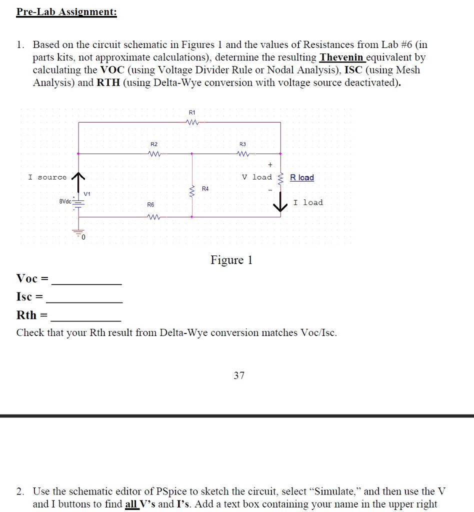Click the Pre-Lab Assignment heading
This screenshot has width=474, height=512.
pos(66,11)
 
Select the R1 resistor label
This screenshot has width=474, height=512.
pos(192,112)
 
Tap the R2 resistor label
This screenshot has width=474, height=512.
pos(154,144)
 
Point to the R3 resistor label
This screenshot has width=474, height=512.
pos(243,144)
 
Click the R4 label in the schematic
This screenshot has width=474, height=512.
pos(205,188)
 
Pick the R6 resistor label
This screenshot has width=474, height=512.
pos(150,204)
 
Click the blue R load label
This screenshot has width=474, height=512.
pos(302,177)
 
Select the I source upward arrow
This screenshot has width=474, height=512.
pos(78,177)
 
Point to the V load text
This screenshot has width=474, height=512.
pos(257,177)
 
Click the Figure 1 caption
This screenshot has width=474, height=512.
pos(231,260)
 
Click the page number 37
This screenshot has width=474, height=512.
pos(239,375)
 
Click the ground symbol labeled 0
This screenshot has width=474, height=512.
pos(78,234)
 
